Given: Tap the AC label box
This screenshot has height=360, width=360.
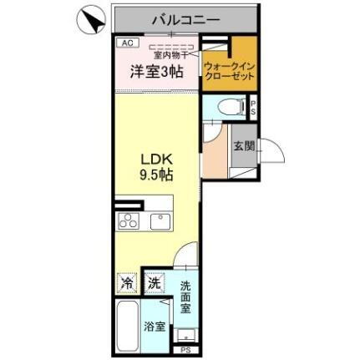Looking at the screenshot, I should click(x=127, y=41).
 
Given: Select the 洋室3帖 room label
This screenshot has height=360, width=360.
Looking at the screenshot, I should click(x=155, y=73).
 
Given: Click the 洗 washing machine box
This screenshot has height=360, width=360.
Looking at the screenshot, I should click(x=154, y=282).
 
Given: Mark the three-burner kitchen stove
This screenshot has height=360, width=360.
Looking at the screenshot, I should click(x=129, y=221).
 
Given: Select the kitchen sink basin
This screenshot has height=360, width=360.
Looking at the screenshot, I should click(x=160, y=221).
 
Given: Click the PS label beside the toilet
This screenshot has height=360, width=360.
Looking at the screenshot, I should click(x=254, y=106).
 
